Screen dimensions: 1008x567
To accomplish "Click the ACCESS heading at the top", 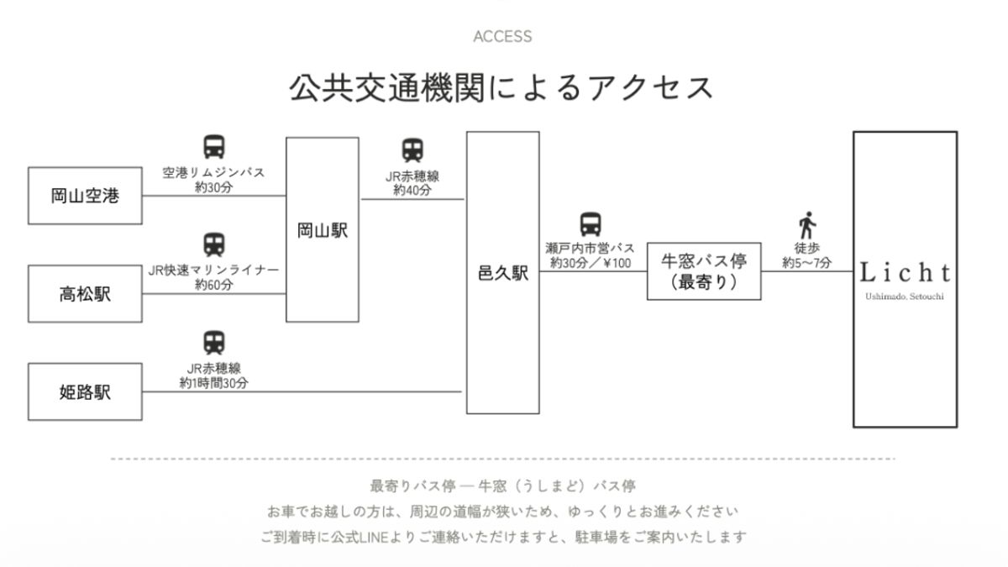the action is (502, 36).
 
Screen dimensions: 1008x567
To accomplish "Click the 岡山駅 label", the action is (323, 230).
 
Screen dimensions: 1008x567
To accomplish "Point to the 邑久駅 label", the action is (502, 273).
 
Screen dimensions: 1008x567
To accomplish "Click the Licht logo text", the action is (905, 273).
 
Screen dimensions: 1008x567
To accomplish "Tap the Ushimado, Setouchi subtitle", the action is (905, 297).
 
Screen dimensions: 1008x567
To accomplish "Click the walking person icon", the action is (807, 225).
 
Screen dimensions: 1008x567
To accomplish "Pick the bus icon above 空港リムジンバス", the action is (214, 147).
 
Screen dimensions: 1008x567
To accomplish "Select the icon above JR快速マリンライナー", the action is (214, 244).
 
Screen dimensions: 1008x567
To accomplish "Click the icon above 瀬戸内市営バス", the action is (591, 224).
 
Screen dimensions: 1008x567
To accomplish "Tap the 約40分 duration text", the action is (412, 191).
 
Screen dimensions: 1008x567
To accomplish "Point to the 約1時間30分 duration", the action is (213, 383).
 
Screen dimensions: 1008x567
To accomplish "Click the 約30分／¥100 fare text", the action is (591, 263).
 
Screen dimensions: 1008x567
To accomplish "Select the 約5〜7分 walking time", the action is (807, 263).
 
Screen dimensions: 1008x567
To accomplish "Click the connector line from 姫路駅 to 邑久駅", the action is (302, 392).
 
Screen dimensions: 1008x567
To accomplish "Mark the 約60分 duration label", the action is (213, 285).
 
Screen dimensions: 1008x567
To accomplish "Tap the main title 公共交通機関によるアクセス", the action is (501, 87).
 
